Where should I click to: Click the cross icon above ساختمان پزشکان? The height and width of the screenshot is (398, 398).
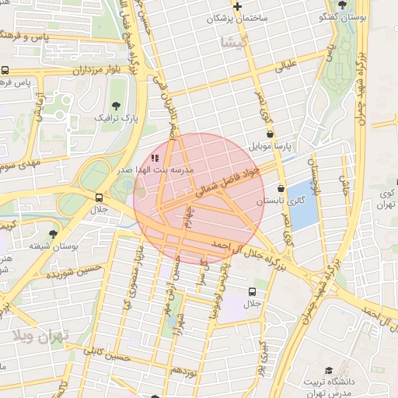pyautogui.click(x=238, y=6)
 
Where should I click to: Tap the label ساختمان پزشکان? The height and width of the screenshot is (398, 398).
pyautogui.click(x=238, y=18)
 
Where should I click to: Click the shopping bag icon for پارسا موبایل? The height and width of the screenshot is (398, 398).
pyautogui.click(x=270, y=134)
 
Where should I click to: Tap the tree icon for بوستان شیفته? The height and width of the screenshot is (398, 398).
pyautogui.click(x=53, y=233)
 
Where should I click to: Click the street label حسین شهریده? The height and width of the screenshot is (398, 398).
pyautogui.click(x=74, y=271)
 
